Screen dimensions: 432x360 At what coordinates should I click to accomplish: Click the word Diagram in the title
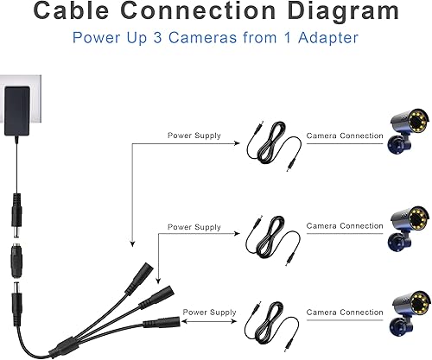point(343,12)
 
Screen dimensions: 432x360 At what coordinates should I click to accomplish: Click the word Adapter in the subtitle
point(328,38)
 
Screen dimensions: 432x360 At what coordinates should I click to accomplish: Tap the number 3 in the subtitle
point(157,38)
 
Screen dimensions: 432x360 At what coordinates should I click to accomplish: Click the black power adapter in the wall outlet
point(17,111)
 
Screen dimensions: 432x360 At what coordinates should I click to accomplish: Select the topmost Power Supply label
point(194,136)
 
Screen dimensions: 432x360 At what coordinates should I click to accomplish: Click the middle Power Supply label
point(194,227)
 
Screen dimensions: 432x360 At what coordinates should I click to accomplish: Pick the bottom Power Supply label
point(209,313)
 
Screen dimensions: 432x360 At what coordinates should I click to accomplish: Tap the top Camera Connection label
point(345,136)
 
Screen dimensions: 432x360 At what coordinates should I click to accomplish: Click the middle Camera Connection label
point(345,226)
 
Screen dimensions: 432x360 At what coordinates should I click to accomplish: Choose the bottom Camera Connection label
point(345,313)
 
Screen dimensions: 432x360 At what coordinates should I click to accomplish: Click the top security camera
point(409,131)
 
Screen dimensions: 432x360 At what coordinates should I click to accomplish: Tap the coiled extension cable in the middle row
point(272,239)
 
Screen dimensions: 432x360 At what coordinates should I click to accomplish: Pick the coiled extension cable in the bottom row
point(270,325)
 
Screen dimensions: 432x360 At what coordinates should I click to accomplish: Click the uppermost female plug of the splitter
point(139,278)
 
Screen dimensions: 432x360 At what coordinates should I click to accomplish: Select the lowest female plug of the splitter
point(162,322)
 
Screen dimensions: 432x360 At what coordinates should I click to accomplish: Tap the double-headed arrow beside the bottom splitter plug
point(209,321)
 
